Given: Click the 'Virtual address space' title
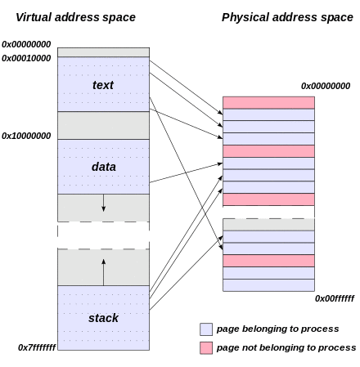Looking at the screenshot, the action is tap(75, 17).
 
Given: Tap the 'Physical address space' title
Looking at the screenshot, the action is tap(287, 17).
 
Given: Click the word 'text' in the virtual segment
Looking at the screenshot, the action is tap(103, 85).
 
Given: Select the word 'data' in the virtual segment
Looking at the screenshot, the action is tap(104, 167).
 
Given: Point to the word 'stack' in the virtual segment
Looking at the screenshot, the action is tap(103, 318).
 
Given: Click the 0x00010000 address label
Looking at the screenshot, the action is tap(26, 58).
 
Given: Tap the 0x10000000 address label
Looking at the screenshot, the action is tap(26, 136).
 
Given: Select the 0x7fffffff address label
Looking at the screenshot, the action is tap(37, 347).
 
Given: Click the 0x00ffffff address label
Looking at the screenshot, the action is tap(335, 298).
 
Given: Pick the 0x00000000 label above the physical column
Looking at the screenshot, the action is tap(326, 86).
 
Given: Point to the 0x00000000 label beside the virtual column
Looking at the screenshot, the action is tap(26, 44).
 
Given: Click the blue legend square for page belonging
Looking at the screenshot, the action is tap(206, 329).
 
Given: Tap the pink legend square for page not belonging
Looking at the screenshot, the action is tap(206, 348).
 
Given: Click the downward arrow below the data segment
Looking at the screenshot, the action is tap(103, 203).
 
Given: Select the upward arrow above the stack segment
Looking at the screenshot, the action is tap(103, 272).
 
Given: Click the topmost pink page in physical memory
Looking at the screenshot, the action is tap(268, 103).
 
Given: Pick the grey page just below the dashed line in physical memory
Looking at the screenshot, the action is tap(268, 225).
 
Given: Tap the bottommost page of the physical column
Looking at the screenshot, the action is tap(268, 285).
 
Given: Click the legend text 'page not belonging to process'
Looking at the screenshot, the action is tap(286, 348).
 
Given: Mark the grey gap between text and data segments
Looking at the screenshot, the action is tap(103, 125).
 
